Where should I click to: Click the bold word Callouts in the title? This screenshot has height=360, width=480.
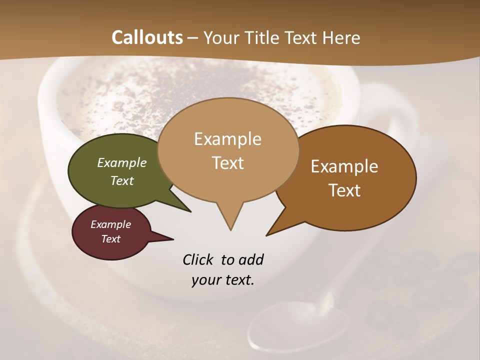[147, 37]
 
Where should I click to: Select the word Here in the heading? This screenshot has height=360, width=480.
[341, 37]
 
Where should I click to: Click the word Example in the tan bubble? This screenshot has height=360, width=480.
[227, 139]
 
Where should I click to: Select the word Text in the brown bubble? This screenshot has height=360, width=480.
[344, 190]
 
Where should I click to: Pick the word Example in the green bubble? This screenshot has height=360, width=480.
[122, 162]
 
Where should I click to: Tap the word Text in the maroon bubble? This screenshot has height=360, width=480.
[111, 239]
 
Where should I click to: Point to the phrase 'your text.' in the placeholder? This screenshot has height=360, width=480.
[223, 280]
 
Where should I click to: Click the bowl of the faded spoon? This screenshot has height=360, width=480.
[300, 327]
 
